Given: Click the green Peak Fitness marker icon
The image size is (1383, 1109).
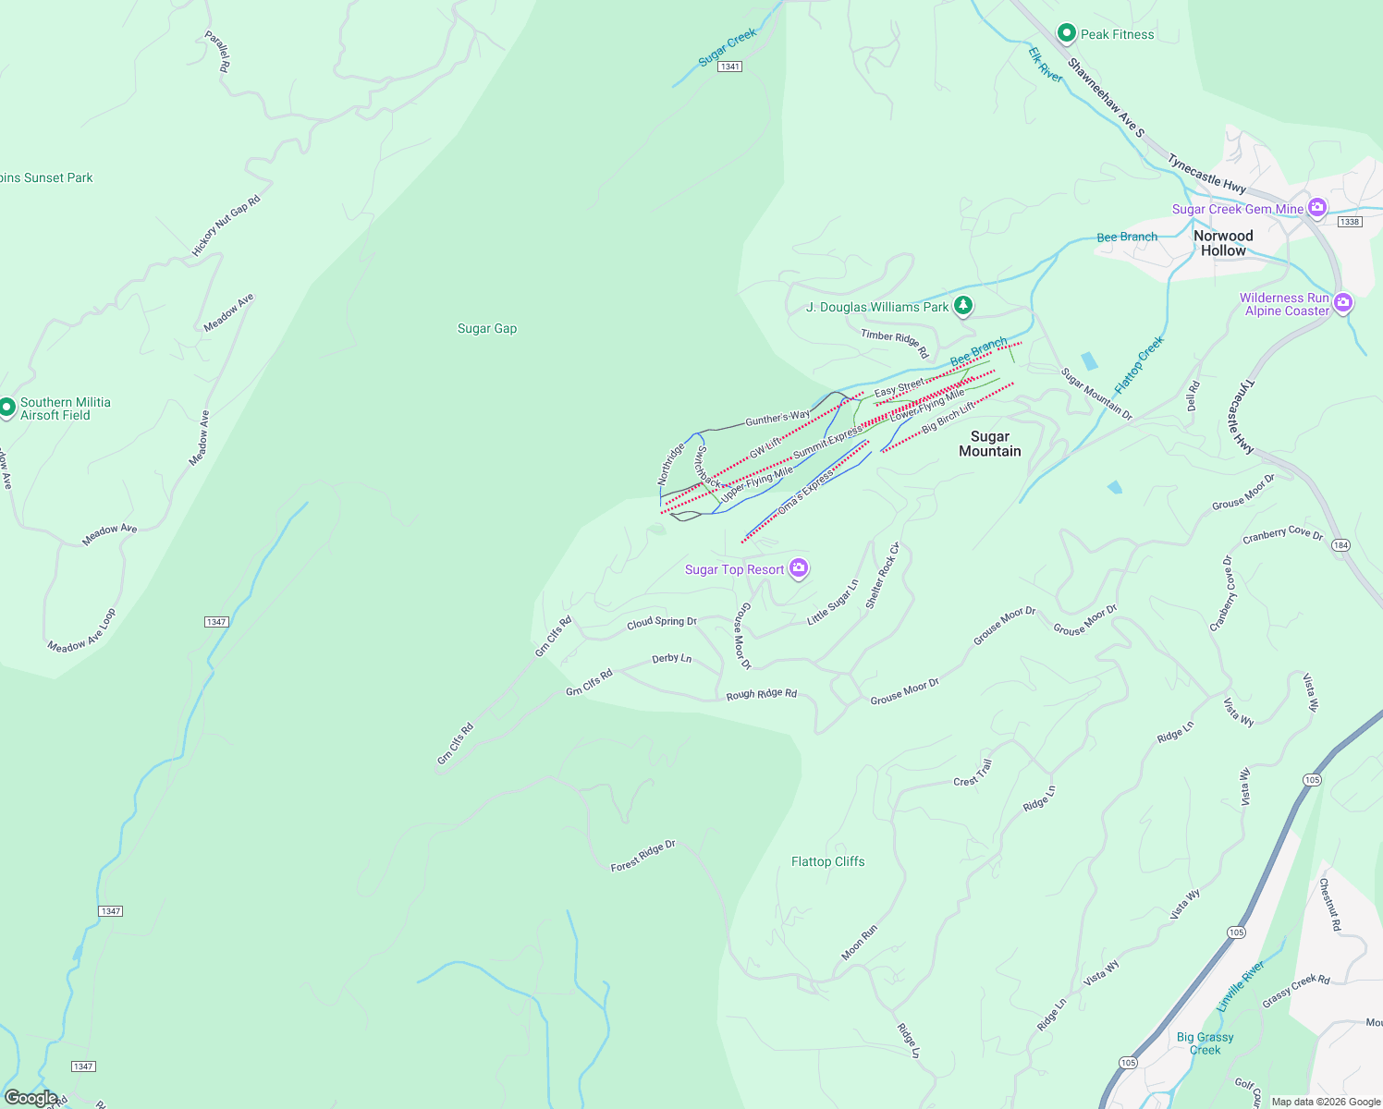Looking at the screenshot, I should coord(1066,34).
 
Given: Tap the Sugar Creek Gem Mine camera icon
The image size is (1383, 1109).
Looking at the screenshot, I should coord(1317,208).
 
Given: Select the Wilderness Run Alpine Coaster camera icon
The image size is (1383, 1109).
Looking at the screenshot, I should coord(1343,303).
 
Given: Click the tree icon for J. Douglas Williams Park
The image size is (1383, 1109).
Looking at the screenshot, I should coord(963,305).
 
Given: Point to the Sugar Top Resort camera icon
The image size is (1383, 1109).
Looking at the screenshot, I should coord(799,568).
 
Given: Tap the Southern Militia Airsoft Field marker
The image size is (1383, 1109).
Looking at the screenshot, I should coord(7,407).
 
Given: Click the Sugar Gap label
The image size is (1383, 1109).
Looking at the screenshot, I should coord(487,328).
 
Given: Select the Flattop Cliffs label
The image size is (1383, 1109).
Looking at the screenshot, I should coord(827,861).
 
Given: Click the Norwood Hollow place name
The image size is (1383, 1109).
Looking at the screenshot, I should coord(1223,243).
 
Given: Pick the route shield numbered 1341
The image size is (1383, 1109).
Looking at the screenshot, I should coord(730,67).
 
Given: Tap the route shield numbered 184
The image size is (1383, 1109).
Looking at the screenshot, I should coord(1340,545).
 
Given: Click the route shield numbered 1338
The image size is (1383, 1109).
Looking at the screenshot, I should coord(1350,222).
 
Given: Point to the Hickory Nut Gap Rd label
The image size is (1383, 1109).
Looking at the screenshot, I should coord(226,225).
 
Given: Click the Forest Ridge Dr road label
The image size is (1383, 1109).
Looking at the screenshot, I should coord(643,856).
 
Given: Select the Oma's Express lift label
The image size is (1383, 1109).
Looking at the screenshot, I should coord(805,494).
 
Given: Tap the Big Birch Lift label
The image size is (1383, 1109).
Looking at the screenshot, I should coord(949,417).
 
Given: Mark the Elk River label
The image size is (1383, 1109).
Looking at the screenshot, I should coord(1046,65).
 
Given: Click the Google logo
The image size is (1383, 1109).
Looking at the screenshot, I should coord(31,1098).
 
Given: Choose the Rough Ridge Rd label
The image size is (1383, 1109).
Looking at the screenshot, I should coord(761,694).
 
